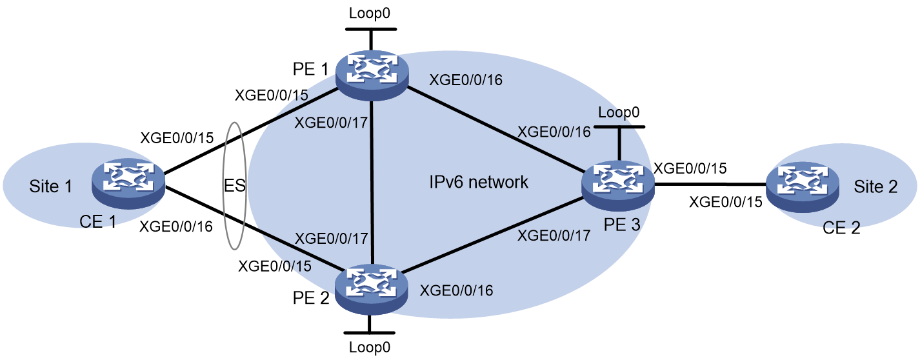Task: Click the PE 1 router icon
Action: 372,75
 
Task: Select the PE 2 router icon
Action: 372,290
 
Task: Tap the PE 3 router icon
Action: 618,186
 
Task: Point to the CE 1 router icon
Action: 128,184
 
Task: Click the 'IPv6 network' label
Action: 479,182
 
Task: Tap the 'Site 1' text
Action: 50,186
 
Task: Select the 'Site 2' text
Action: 875,186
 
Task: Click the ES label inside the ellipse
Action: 235,186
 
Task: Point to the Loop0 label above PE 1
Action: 370,13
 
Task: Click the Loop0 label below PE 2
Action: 370,347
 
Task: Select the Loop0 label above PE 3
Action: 619,112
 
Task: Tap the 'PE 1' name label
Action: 310,69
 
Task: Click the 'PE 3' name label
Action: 622,225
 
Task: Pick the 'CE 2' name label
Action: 841,227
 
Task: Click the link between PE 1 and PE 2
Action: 372,183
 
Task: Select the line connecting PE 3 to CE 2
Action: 710,185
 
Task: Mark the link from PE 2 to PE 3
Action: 492,235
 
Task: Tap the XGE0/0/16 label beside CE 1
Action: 176,226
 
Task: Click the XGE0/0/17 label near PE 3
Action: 554,235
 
